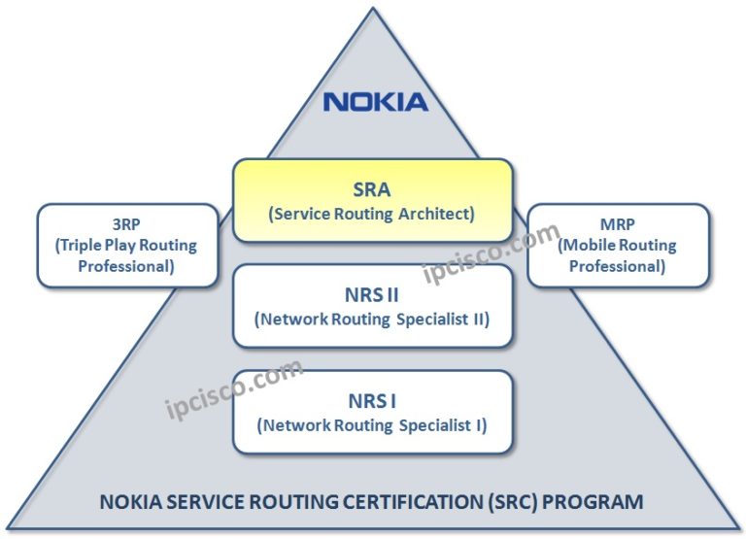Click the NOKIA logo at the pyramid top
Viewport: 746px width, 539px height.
(375, 101)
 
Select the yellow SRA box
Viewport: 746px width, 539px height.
(372, 200)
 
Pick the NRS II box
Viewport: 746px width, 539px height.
(372, 305)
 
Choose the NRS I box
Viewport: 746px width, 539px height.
(372, 411)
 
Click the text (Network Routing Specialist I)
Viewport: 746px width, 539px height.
(372, 425)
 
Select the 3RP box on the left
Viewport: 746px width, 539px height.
(127, 245)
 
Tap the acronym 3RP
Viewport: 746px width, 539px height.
(127, 224)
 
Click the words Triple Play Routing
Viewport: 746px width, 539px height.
(127, 245)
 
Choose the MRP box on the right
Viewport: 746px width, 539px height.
(617, 245)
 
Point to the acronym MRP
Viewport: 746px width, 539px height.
(617, 224)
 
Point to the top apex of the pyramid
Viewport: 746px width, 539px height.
(372, 10)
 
